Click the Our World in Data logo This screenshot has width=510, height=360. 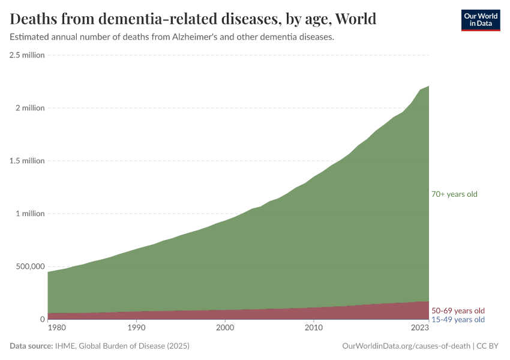click(x=480, y=20)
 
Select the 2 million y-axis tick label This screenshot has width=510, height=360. click(x=29, y=108)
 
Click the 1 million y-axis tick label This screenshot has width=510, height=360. click(x=29, y=214)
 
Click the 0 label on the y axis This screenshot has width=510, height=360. click(x=42, y=319)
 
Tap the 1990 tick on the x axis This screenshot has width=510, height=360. click(x=136, y=328)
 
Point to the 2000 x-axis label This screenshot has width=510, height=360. click(x=225, y=328)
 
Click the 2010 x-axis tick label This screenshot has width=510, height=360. click(x=313, y=328)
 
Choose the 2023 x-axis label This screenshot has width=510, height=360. click(x=419, y=328)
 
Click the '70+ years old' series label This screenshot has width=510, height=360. click(x=454, y=194)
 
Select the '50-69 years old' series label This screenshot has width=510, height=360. click(x=458, y=311)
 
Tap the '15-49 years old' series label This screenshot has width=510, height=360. click(x=458, y=320)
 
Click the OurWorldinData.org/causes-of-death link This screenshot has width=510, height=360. click(x=406, y=346)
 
